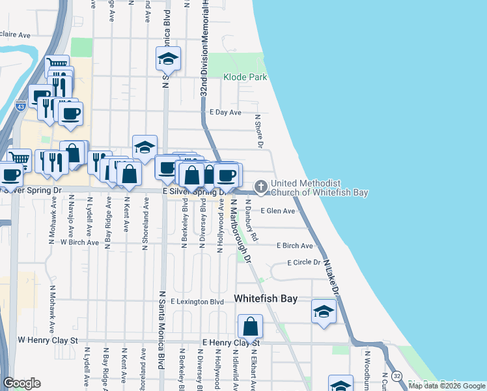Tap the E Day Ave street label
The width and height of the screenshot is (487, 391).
point(225,112)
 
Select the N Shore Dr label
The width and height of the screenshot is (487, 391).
point(258,131)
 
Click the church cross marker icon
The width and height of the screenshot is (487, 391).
point(261,187)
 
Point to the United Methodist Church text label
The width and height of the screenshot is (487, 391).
point(319,188)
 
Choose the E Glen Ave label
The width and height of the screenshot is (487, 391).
point(278,210)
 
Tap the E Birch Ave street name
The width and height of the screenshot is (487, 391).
point(294,246)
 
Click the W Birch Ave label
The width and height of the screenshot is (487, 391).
point(79,242)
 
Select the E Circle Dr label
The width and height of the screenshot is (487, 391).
point(304,263)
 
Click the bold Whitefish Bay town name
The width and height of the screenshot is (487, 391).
point(266,298)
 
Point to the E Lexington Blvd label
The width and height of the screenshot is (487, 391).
point(197,302)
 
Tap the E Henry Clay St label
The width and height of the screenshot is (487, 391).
point(230,342)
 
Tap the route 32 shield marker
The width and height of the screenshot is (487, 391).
point(396,376)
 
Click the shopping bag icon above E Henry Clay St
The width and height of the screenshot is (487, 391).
point(250,326)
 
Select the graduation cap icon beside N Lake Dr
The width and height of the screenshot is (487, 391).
point(324,311)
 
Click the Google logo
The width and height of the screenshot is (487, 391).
point(22,383)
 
